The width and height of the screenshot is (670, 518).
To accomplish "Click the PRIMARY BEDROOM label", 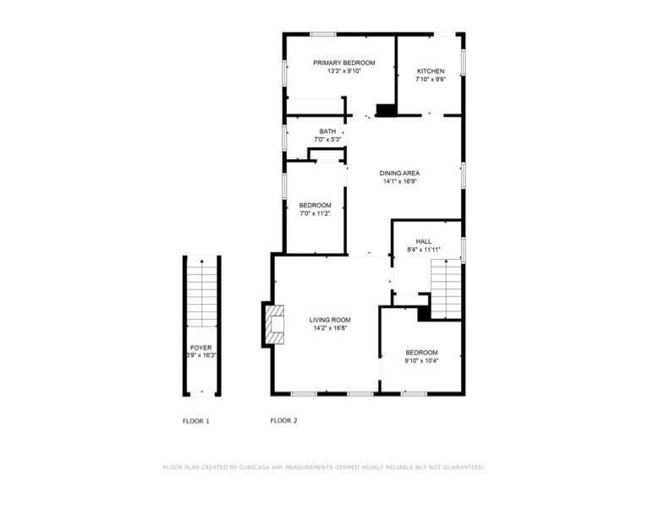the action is (344, 63).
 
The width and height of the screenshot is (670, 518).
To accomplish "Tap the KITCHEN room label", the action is (431, 71).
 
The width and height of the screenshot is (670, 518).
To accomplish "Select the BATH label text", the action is (327, 131).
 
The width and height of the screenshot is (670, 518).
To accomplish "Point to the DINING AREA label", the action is (399, 174).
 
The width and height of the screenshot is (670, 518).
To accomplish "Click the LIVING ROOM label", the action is (330, 320).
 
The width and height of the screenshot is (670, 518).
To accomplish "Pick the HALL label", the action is (424, 241).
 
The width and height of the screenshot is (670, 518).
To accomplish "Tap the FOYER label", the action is (200, 348).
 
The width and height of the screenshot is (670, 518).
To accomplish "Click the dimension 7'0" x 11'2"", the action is (316, 213).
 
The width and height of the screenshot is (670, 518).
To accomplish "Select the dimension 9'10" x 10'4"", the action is (422, 361).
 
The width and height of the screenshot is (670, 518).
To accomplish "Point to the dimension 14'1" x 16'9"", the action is (399, 181).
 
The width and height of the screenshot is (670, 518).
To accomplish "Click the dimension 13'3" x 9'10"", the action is (344, 71).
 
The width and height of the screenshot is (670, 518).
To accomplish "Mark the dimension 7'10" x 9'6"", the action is (431, 79).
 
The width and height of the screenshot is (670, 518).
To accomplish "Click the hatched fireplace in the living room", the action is (274, 324).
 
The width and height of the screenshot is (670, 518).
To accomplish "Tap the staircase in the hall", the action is (446, 289).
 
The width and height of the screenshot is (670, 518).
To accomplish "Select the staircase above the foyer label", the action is (201, 293).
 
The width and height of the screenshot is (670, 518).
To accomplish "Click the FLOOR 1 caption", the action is (195, 421).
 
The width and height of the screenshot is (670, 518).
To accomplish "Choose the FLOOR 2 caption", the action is (283, 421).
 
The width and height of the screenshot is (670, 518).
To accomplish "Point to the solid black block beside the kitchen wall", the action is (387, 110).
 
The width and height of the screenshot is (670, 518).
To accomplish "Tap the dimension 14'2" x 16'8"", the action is (330, 328).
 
